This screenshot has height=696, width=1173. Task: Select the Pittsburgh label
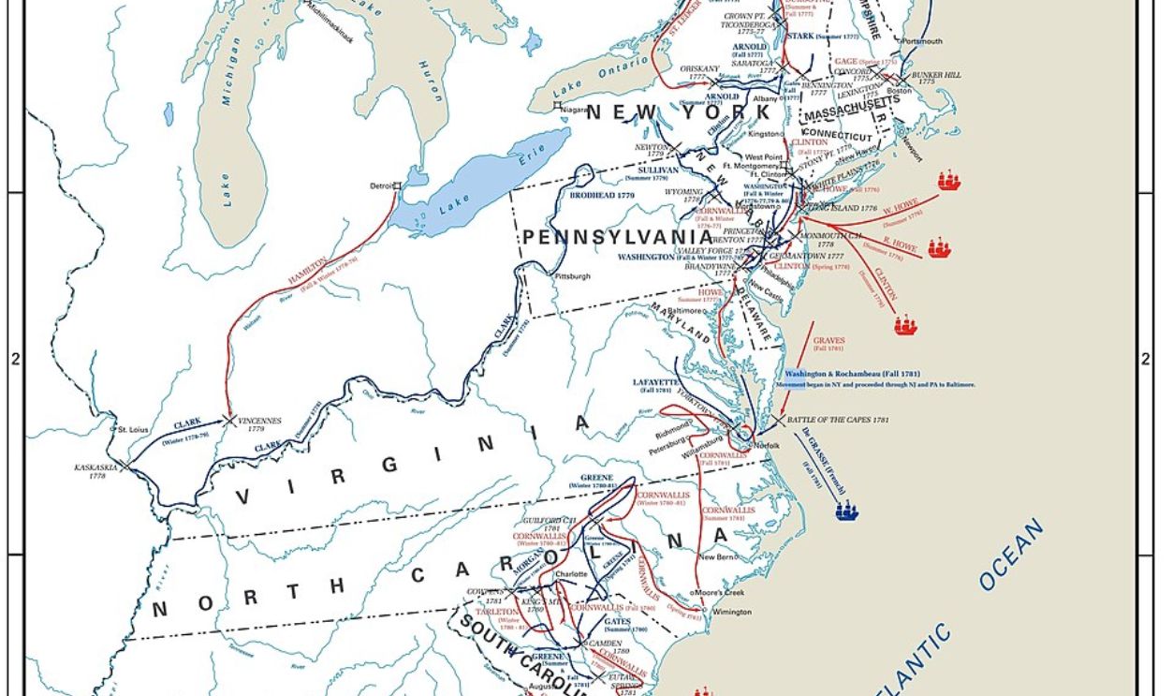coord(573,276)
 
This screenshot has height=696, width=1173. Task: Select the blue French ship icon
coord(846,511)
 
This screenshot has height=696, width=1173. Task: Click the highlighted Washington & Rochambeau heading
coord(839,373)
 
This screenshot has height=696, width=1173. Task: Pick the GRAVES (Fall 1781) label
coord(828,343)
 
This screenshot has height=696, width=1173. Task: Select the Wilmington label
coord(731,612)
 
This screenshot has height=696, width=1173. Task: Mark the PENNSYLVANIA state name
coord(617,238)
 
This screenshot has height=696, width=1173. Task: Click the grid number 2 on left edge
coord(14,359)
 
